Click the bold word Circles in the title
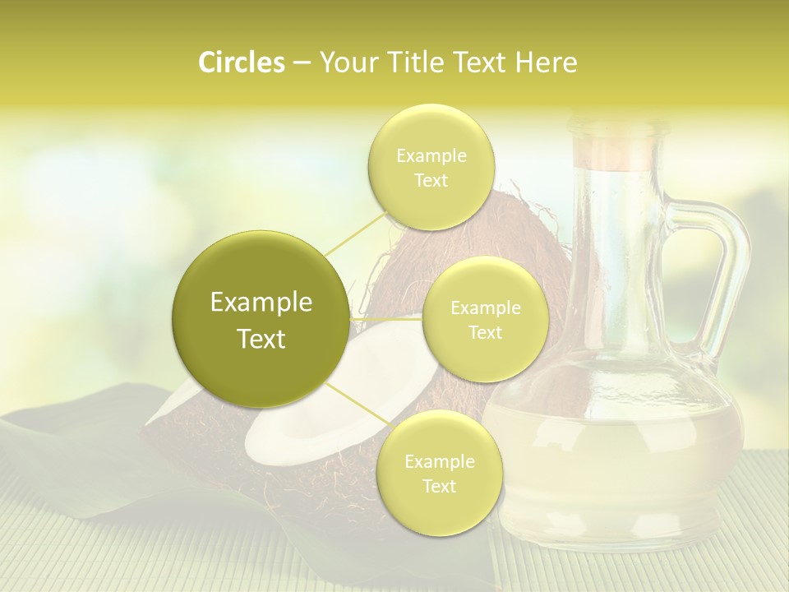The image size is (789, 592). coord(241,62)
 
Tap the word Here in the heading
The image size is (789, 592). coord(546,62)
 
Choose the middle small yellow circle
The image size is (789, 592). coord(485,319)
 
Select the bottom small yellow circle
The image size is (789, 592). coord(439,473)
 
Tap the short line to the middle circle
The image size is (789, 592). coord(386,318)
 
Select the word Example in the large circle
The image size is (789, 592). coord(261,303)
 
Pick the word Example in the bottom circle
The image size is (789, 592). coord(439,461)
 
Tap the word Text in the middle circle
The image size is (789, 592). coord(485,332)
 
